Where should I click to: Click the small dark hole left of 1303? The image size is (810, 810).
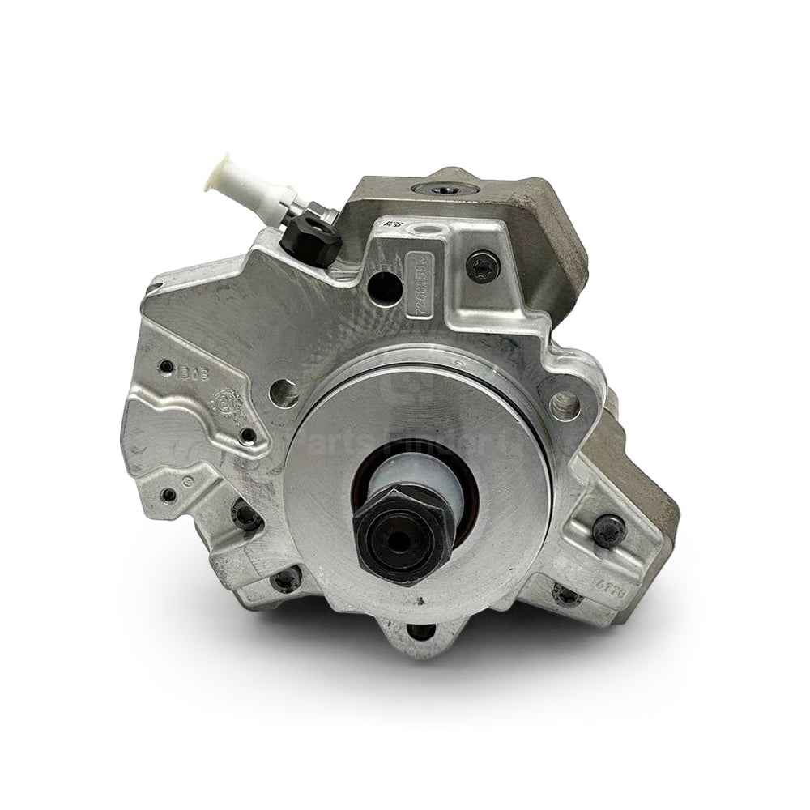(166, 366)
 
